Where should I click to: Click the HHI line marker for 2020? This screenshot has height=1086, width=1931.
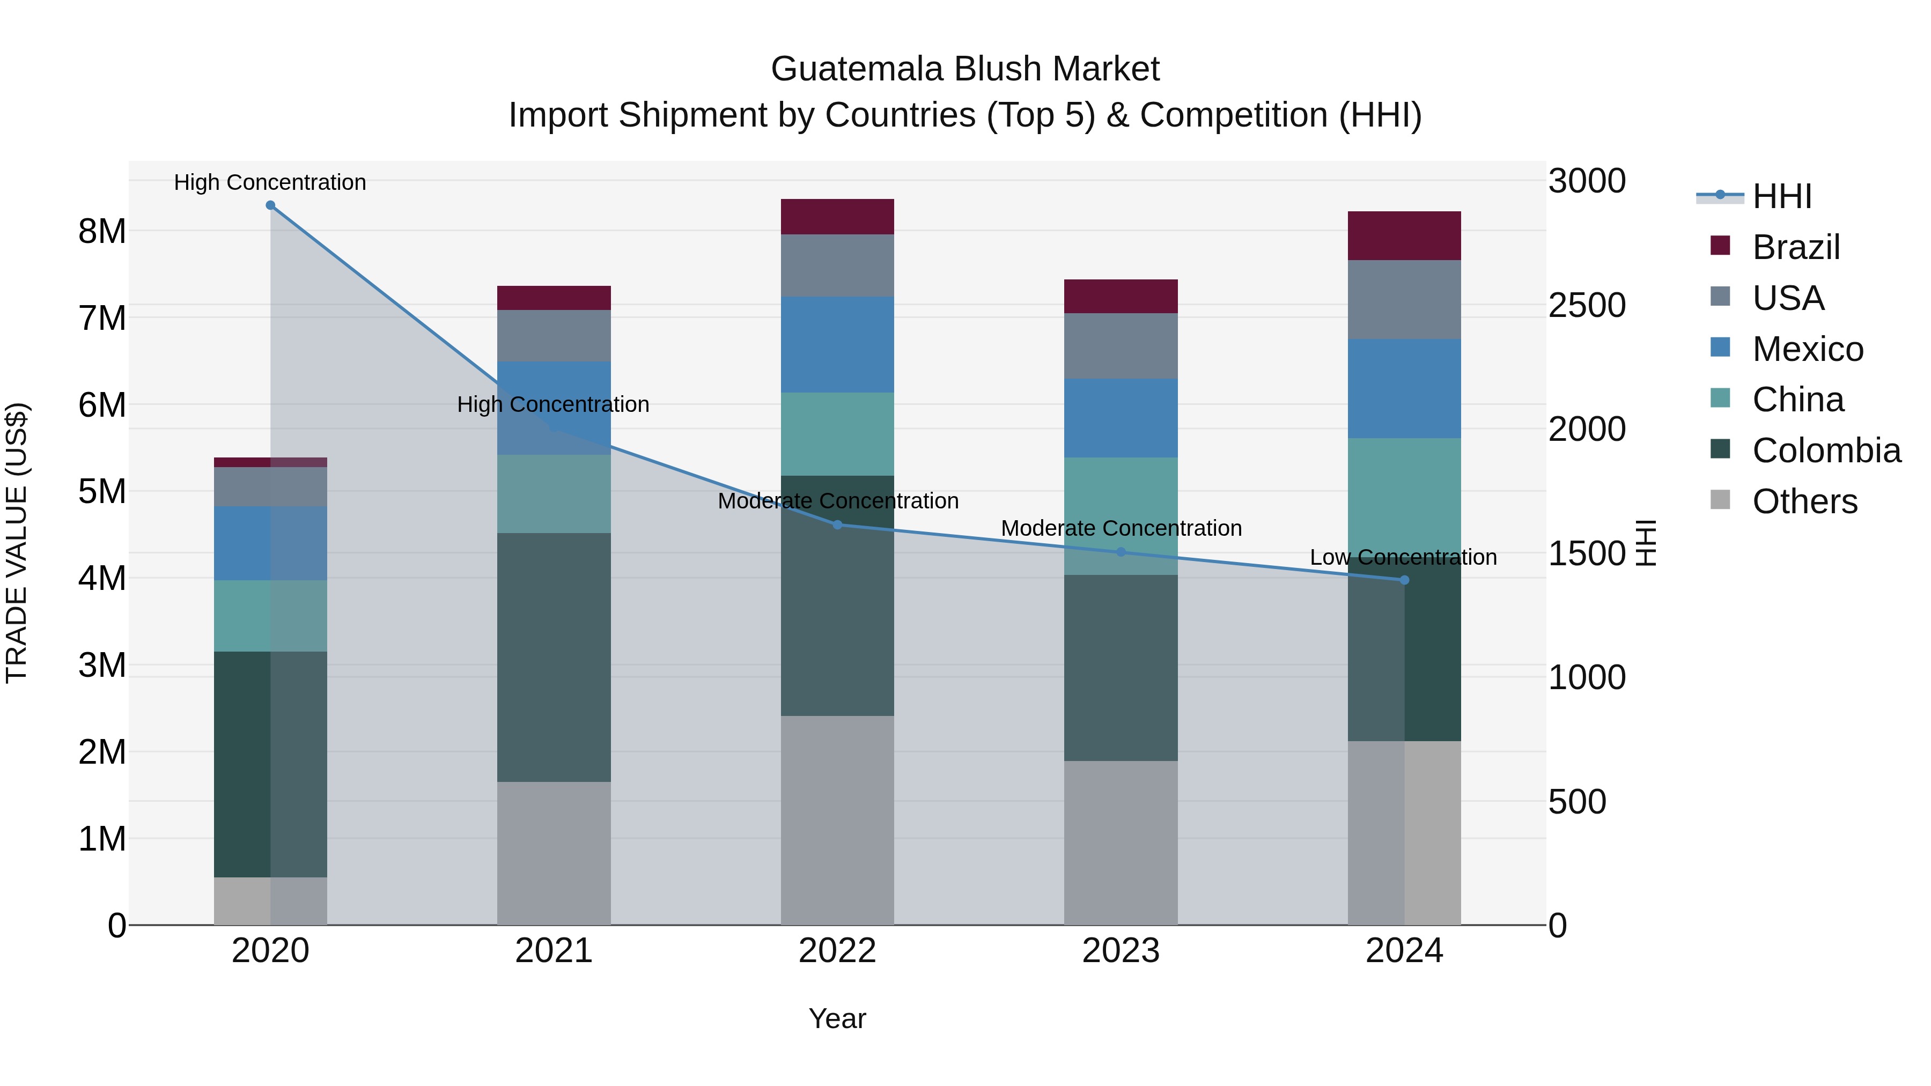(x=271, y=205)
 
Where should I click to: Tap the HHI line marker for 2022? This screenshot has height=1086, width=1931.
(x=837, y=524)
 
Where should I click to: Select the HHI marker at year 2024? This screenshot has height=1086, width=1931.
(x=1404, y=580)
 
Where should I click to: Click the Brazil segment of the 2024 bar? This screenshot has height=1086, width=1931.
(x=1404, y=235)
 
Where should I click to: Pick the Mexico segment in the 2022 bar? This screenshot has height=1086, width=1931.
(x=837, y=345)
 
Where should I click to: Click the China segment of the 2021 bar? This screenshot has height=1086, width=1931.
(x=554, y=494)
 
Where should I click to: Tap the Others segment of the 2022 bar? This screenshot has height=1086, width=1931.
(x=837, y=820)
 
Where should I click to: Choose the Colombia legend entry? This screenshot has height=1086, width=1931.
(x=1826, y=450)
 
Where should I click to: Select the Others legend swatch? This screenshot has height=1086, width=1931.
(x=1720, y=500)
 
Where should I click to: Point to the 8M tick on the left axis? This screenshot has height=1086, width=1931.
(x=102, y=231)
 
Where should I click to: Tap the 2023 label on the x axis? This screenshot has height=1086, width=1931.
(x=1121, y=950)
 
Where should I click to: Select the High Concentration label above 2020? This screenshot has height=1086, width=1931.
(x=270, y=182)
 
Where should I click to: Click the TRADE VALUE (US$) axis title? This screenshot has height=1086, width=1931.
(x=17, y=543)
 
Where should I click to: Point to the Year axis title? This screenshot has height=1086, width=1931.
(x=837, y=1018)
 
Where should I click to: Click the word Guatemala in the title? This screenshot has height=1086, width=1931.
(x=858, y=69)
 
